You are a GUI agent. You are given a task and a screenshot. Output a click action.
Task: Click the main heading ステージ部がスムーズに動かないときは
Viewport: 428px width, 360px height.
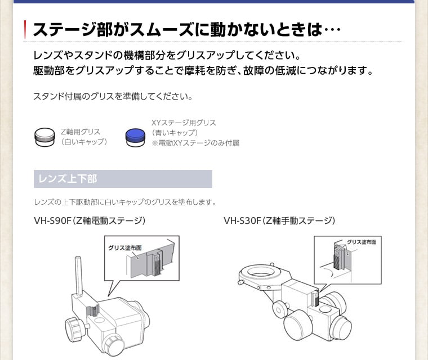click(186, 29)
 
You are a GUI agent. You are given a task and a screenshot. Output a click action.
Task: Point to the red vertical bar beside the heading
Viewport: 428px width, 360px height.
click(25, 29)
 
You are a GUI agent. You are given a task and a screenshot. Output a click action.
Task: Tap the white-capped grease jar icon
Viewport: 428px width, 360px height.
click(44, 136)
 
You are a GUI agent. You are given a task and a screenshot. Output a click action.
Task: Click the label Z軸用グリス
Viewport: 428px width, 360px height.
click(80, 132)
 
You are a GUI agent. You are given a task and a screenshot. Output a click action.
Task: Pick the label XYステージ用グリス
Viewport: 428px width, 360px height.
click(184, 123)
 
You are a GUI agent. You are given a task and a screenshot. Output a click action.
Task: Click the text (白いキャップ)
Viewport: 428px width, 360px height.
click(83, 142)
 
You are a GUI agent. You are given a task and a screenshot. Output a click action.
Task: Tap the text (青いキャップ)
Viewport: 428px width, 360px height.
click(175, 133)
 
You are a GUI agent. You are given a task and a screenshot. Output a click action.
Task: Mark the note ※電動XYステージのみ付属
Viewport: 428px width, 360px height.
click(195, 143)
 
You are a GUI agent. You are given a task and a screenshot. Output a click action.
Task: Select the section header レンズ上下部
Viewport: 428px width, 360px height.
click(68, 179)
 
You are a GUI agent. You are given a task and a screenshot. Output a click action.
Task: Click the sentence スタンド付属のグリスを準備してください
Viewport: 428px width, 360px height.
click(113, 96)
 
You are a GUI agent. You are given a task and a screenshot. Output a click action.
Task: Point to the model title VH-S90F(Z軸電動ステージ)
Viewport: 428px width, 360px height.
click(90, 220)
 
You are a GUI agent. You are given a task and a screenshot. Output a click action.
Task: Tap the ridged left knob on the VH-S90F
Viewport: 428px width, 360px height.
click(74, 328)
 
